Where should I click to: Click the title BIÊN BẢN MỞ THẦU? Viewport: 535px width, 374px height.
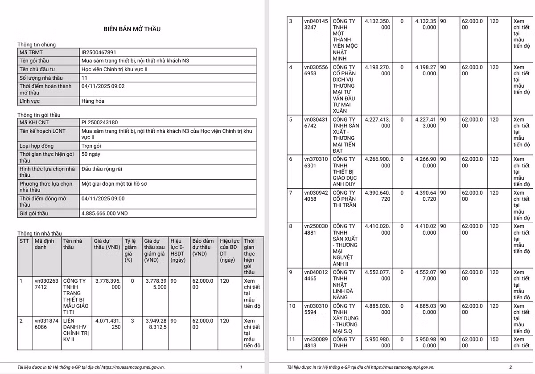tap(132, 29)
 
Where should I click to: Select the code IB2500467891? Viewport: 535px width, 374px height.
tap(99, 53)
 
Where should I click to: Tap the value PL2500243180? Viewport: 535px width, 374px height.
tap(100, 122)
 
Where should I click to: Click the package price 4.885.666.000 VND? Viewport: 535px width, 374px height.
tap(104, 213)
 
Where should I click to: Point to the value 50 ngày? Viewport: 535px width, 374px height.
tap(91, 154)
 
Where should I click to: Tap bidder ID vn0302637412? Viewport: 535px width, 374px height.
tap(46, 284)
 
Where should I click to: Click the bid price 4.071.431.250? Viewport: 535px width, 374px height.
tap(107, 324)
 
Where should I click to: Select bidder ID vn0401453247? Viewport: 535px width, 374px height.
tap(316, 24)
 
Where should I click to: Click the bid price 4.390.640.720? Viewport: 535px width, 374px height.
tap(377, 196)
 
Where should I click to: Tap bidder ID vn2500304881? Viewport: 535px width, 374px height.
tap(316, 229)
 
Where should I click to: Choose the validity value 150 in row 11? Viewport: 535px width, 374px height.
tap(494, 339)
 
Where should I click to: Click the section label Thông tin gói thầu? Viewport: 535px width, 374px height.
tap(39, 115)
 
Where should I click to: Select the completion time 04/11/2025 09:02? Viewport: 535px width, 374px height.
tap(103, 86)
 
